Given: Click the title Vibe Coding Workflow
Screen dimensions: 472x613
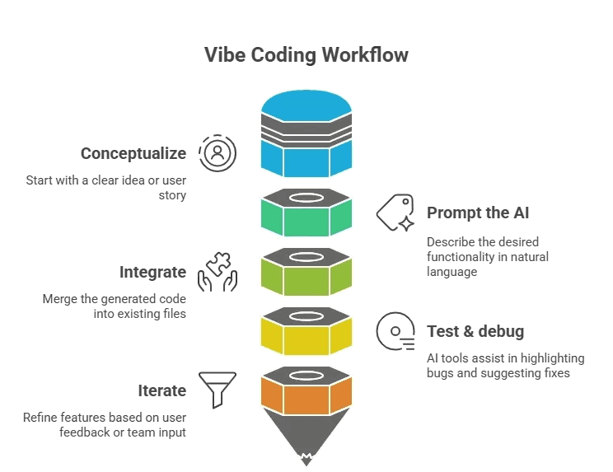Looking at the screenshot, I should pos(306,56).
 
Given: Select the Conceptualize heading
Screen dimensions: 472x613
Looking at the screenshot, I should pos(133,153).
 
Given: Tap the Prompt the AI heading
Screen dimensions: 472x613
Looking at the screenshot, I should pos(478,213).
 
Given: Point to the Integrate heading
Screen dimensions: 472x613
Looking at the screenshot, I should pos(152,272).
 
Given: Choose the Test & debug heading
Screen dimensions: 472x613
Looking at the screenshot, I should pos(475,332).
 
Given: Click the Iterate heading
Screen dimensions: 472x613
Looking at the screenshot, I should pos(162,390).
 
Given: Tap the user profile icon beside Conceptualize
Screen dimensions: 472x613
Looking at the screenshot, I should pos(218,152).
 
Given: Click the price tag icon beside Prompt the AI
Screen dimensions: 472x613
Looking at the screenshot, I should pos(395,213).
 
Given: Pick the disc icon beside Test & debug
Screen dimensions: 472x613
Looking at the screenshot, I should pos(395,331).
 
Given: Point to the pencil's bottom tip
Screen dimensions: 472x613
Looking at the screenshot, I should pos(306,462).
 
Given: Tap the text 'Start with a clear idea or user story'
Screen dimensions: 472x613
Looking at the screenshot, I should pos(105,187).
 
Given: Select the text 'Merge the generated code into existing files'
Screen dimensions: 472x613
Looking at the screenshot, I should pos(115,306).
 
